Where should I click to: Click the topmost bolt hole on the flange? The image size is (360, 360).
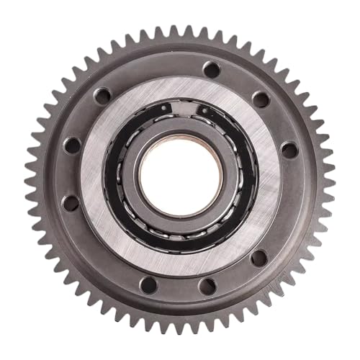click(x=211, y=69)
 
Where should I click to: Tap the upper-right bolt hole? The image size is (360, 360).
click(x=261, y=99)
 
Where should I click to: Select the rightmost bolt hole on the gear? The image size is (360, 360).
click(x=289, y=150)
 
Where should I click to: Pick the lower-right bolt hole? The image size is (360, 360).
click(x=258, y=257)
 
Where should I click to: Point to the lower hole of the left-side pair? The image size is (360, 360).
click(x=71, y=202)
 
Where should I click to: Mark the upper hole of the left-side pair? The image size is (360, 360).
click(x=72, y=145)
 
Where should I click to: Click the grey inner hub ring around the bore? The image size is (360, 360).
click(x=180, y=132)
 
